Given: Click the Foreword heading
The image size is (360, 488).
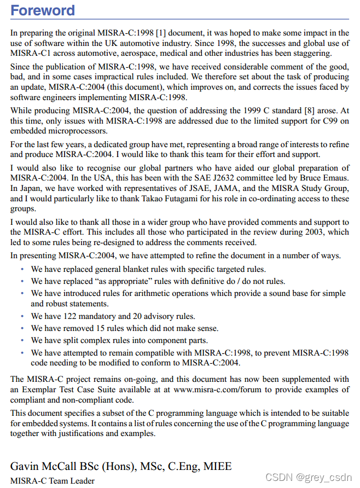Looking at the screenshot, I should pyautogui.click(x=43, y=11).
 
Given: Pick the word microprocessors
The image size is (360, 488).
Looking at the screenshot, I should pyautogui.click(x=76, y=131).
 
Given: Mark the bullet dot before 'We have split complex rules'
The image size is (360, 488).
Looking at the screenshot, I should pyautogui.click(x=22, y=341).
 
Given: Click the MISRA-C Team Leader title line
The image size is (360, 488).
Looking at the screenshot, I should pyautogui.click(x=52, y=481).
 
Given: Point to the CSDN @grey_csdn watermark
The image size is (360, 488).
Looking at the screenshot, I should pyautogui.click(x=308, y=477).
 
